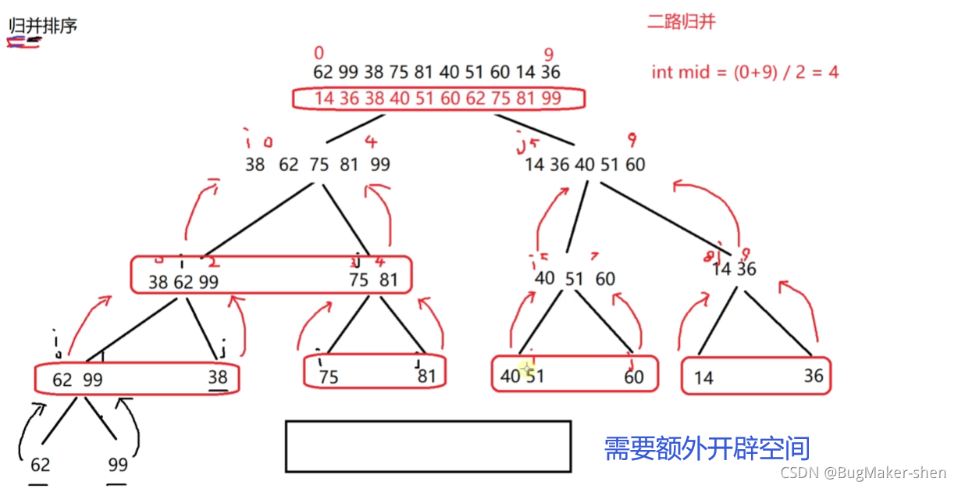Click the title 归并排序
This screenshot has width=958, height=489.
point(43,25)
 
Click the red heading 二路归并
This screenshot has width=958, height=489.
point(681,22)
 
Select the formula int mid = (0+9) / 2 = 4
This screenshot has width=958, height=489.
point(745,73)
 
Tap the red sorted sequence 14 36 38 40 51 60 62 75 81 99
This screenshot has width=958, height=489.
point(437,98)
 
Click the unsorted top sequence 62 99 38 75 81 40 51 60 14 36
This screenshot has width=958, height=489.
point(436,72)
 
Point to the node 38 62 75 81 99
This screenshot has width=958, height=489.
point(317,165)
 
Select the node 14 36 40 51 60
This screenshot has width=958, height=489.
point(585,165)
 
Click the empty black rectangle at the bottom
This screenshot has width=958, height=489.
point(428,446)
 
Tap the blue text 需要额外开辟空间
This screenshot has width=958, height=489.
point(707,448)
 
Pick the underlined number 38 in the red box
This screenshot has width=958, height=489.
point(217,377)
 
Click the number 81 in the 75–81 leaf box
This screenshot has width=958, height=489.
point(426,377)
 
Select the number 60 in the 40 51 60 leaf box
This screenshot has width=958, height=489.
point(633,377)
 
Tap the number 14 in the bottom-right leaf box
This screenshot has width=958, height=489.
point(703,378)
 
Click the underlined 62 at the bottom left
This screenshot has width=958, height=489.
point(40,465)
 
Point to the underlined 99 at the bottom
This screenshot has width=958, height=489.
point(117,465)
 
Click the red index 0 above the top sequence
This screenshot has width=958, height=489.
point(319,53)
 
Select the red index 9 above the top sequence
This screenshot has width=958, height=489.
point(549,54)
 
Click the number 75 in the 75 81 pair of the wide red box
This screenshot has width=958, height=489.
point(358,280)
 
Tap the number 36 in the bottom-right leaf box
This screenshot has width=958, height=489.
point(813,376)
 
